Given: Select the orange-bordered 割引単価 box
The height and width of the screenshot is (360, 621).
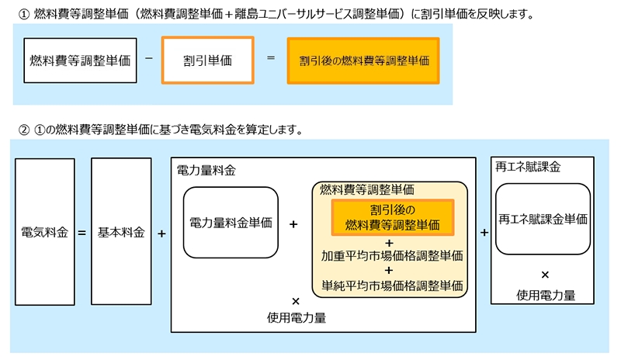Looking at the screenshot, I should tap(207, 61).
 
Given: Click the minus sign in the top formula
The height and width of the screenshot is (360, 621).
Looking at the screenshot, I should tap(147, 59).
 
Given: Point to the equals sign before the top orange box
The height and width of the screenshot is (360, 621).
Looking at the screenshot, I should tap(270, 59).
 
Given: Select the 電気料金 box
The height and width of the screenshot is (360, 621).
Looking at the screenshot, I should tap(45, 232).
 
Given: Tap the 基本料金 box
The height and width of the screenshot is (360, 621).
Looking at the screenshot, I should tap(121, 232).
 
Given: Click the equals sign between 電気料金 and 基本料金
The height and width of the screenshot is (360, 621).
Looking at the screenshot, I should tap(82, 232).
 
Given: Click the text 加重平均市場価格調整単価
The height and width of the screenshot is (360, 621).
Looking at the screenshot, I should tap(392, 254).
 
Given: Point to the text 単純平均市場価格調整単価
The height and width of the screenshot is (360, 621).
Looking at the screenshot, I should tap(392, 285).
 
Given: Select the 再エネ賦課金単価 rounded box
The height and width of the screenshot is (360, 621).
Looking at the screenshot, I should tap(543, 219).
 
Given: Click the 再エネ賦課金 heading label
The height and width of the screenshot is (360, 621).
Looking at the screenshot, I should tap(528, 166).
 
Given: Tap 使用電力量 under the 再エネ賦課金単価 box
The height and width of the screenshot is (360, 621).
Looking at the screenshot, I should tap(545, 295).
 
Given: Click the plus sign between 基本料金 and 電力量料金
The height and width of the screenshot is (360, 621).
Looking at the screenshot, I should tap(161, 232).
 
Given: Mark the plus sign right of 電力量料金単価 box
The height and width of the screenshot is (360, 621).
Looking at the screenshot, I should tap(294, 223).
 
